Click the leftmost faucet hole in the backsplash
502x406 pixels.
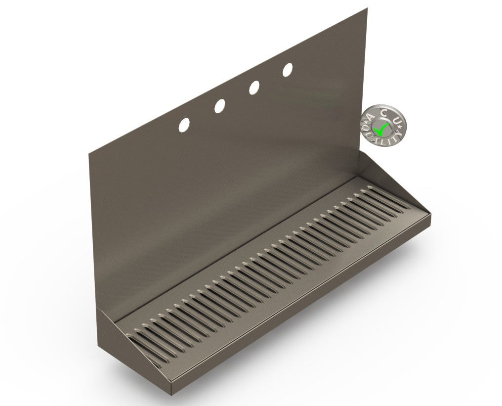tap(184, 124)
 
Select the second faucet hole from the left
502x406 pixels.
tap(220, 105)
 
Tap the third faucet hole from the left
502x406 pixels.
tap(254, 88)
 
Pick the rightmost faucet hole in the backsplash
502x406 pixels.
tap(288, 70)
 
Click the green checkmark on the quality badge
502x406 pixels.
tap(381, 130)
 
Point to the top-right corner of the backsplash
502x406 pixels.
tap(367, 7)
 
